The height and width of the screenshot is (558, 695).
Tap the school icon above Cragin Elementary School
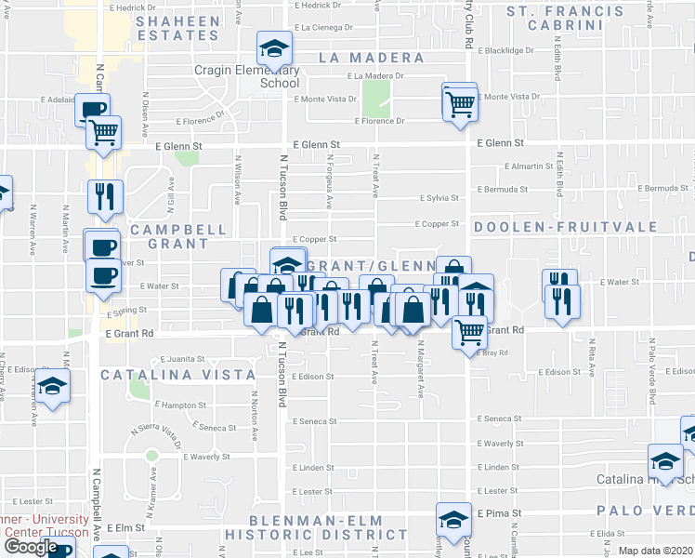click(273, 48)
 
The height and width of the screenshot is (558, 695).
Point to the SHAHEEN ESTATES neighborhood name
click(177, 27)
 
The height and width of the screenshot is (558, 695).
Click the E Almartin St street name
click(529, 166)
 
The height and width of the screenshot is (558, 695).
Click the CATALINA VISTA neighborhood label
click(177, 375)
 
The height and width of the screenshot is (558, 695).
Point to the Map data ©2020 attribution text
click(655, 551)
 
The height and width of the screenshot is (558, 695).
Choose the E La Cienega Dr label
click(324, 28)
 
